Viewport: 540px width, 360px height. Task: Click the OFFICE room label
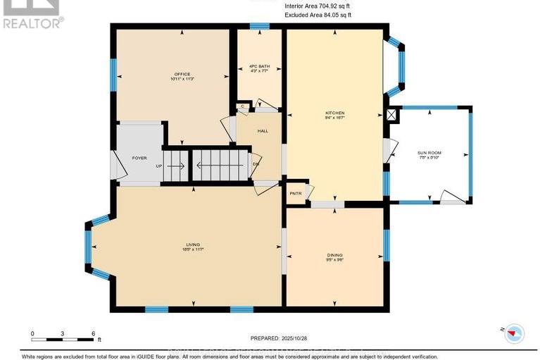coord(182,75)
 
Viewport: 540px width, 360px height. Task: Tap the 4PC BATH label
coord(260,66)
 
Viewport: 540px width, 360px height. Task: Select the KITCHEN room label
coord(334,113)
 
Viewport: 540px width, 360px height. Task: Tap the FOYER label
coord(139,158)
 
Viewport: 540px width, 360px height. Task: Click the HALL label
coord(262,131)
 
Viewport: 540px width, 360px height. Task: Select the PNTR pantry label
coord(295,192)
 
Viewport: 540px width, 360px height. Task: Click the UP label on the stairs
coord(159,166)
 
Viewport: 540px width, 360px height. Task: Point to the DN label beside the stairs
coord(256,166)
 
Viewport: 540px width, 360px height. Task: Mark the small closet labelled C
coord(242,106)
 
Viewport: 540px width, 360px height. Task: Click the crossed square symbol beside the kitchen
coord(392,114)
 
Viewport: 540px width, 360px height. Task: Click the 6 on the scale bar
coord(93,333)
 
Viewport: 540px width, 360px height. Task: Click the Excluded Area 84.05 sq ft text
coord(318,14)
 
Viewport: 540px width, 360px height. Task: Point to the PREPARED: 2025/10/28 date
coord(280,338)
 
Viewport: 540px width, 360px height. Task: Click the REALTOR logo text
coord(31,23)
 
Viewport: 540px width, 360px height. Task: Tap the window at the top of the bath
coord(260,27)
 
